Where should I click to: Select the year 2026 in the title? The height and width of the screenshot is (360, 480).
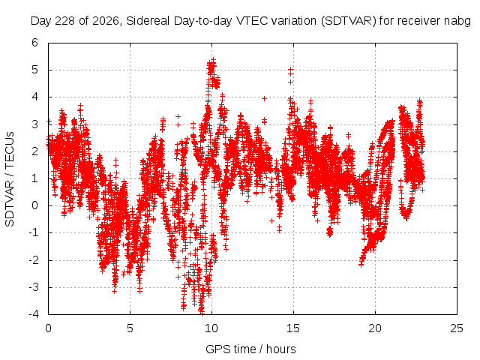105,21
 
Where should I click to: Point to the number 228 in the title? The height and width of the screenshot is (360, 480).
65,21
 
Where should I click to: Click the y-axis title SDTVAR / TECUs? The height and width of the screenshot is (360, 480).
10,179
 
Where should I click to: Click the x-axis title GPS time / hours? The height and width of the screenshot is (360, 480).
250,349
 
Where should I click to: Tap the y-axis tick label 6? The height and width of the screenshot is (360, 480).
34,43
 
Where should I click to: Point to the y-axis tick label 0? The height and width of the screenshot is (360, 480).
34,205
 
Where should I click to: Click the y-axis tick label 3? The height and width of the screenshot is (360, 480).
34,124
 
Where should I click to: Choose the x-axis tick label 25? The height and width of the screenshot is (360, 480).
457,328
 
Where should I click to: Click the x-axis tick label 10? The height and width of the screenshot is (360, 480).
211,328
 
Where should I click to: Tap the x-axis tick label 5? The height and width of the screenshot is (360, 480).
130,328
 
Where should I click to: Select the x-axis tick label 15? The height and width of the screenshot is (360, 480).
293,328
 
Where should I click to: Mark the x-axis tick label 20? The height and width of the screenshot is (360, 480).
375,328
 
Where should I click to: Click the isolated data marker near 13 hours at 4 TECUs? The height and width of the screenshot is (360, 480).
264,98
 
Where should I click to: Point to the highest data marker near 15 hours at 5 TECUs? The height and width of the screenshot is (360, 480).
290,70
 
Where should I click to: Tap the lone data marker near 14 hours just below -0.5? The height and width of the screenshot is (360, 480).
271,220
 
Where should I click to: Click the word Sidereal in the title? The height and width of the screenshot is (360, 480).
148,21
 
